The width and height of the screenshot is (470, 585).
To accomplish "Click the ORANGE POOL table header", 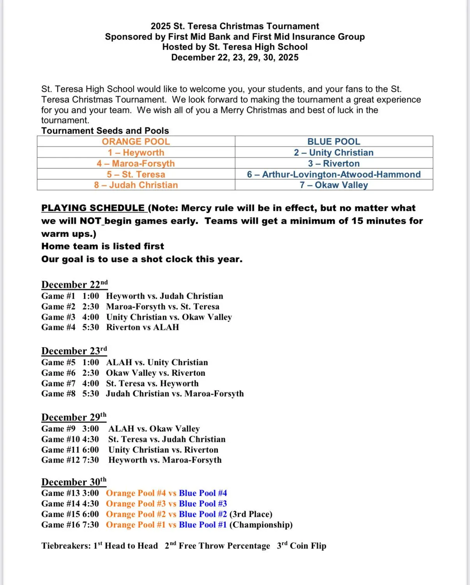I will click(136, 142).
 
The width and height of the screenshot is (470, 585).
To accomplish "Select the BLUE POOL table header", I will click(334, 142).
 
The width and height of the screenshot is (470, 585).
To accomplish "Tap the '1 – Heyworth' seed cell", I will click(136, 153).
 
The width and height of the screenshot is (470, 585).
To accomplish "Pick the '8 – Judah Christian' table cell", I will click(136, 185).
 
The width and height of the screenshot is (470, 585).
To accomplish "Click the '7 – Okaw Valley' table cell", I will click(334, 185).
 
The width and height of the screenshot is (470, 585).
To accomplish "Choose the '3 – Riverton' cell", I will click(334, 164).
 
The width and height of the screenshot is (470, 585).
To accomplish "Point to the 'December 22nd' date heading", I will click(74, 284).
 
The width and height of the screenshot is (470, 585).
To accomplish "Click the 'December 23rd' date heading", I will click(74, 350).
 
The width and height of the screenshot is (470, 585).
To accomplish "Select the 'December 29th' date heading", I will click(74, 417).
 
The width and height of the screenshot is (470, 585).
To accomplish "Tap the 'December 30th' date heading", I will click(74, 482).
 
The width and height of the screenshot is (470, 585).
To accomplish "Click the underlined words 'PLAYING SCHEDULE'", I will click(93, 208).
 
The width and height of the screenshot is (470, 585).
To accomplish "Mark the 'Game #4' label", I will click(58, 327).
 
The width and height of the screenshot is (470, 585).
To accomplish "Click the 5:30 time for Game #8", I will click(90, 393).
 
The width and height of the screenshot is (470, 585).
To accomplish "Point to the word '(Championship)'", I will click(261, 525).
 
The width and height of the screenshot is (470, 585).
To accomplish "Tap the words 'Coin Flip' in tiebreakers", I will click(308, 546).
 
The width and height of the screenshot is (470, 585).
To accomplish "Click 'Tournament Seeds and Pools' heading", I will click(105, 131).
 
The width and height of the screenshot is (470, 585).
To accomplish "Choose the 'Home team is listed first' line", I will click(102, 246).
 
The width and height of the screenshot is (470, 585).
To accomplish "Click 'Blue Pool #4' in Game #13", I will click(203, 493).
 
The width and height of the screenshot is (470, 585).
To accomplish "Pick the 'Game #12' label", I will click(60, 460).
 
